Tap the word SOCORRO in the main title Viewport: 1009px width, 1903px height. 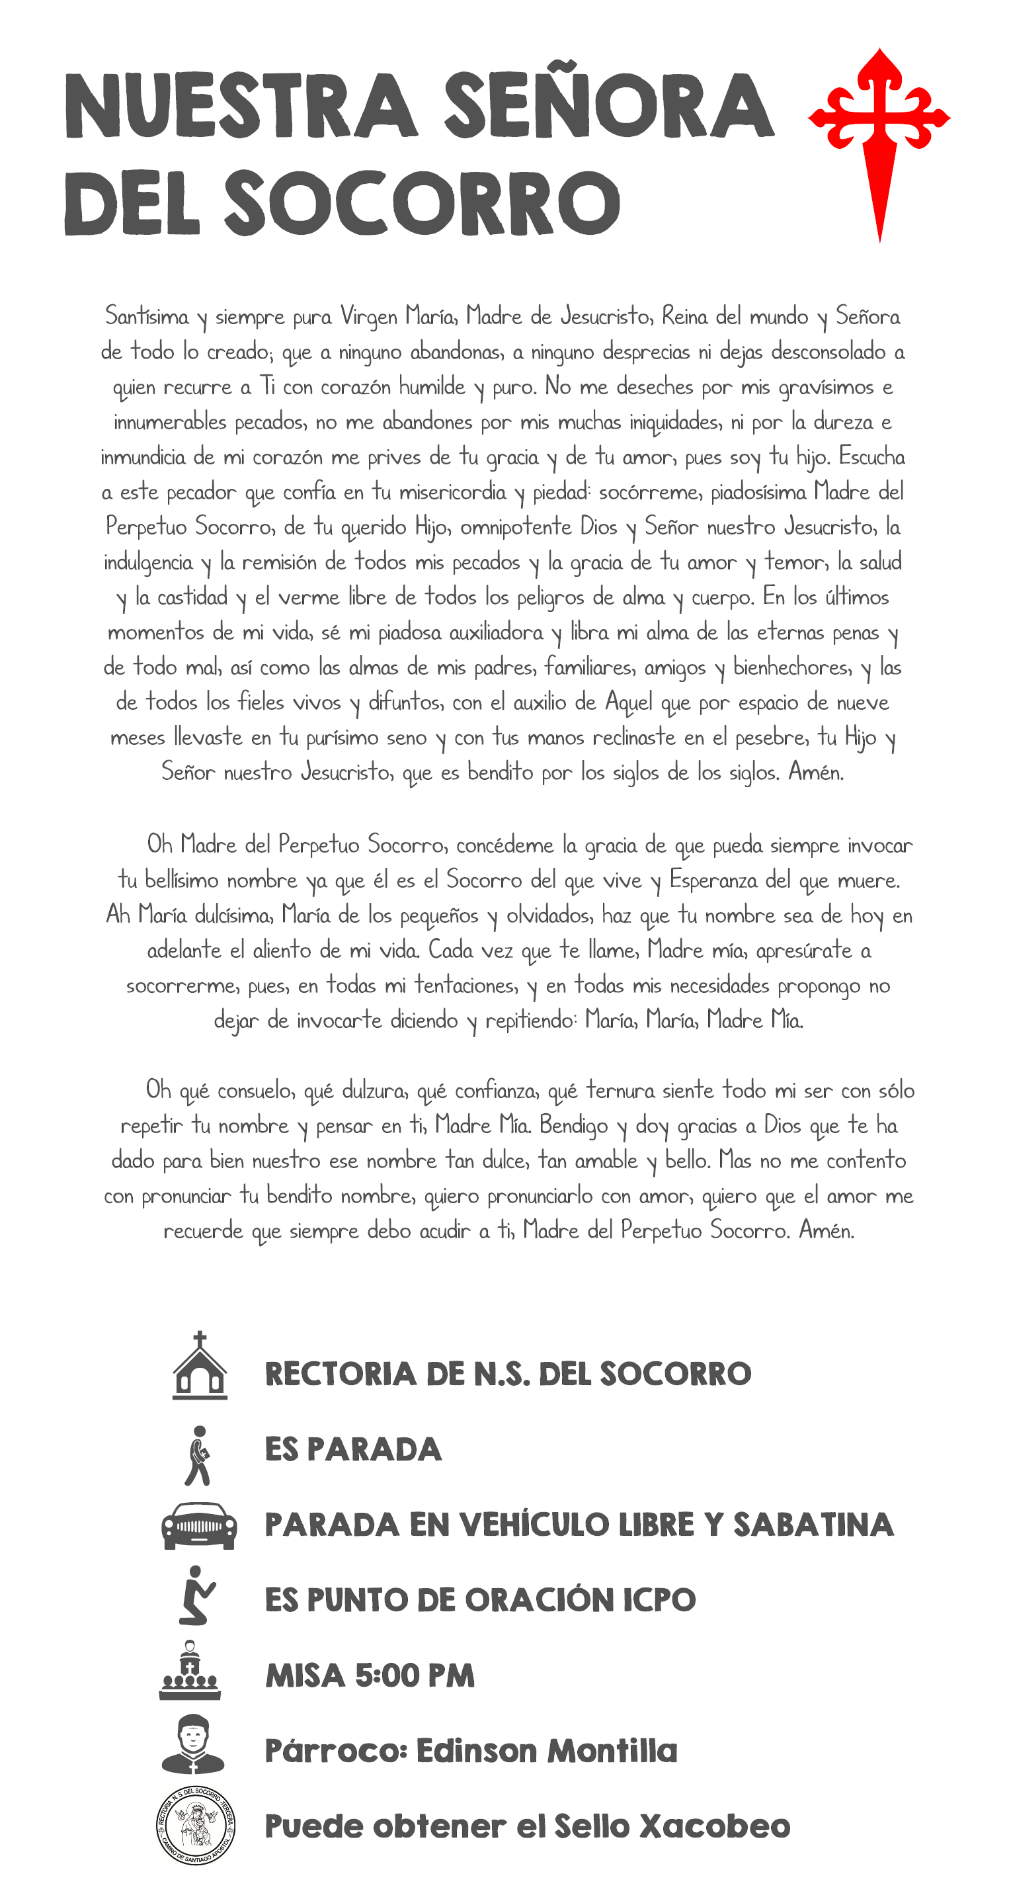423,204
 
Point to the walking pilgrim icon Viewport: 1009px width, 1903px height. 198,1455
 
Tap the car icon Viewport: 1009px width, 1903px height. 200,1525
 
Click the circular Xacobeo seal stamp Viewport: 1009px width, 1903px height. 196,1825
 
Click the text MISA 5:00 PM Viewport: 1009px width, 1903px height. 370,1675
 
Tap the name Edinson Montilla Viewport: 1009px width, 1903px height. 547,1751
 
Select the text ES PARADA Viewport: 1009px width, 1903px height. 353,1449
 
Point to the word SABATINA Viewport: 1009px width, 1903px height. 813,1525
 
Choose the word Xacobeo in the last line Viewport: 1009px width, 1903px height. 714,1826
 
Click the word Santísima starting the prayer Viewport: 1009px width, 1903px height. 147,317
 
